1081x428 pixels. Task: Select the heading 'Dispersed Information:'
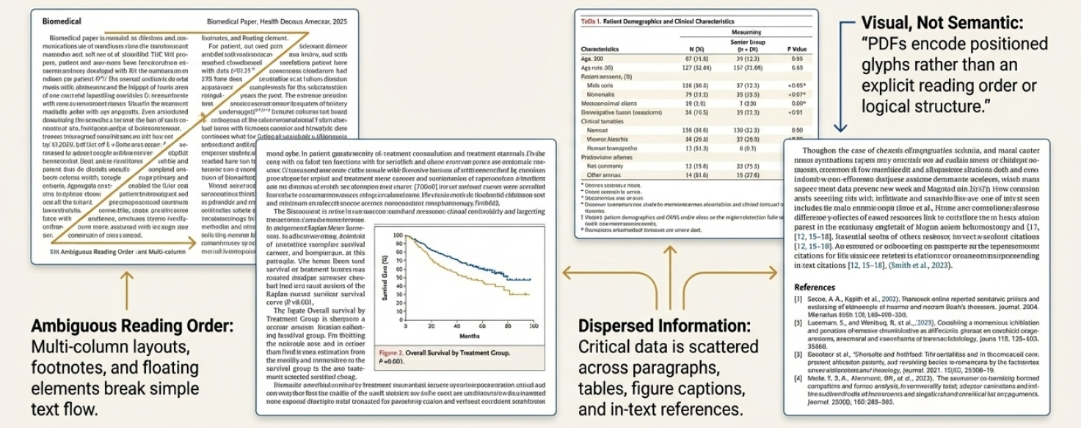click(664, 324)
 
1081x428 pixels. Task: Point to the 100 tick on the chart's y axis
click(398, 235)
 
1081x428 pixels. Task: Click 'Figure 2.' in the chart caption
click(392, 353)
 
